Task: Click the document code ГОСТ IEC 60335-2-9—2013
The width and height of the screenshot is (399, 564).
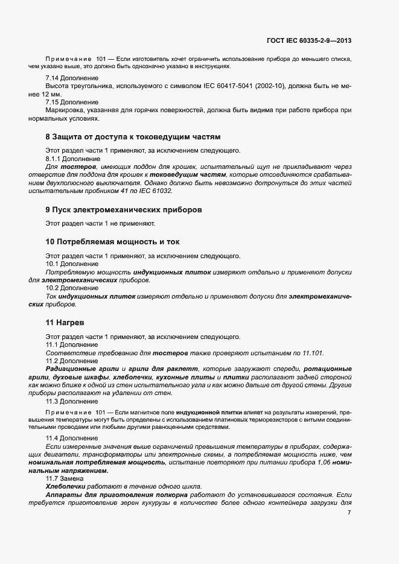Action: (x=309, y=41)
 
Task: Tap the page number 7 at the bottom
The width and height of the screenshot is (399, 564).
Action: (x=350, y=512)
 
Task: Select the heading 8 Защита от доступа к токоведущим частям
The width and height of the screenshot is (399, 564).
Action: (x=133, y=137)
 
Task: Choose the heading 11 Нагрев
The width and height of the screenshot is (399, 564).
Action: (x=65, y=322)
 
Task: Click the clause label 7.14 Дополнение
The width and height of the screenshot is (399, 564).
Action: (x=68, y=79)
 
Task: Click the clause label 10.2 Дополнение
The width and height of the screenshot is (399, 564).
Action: (x=68, y=288)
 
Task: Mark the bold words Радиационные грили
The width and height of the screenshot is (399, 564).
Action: (x=82, y=369)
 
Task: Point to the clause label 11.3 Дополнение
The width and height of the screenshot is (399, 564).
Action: (x=68, y=401)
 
